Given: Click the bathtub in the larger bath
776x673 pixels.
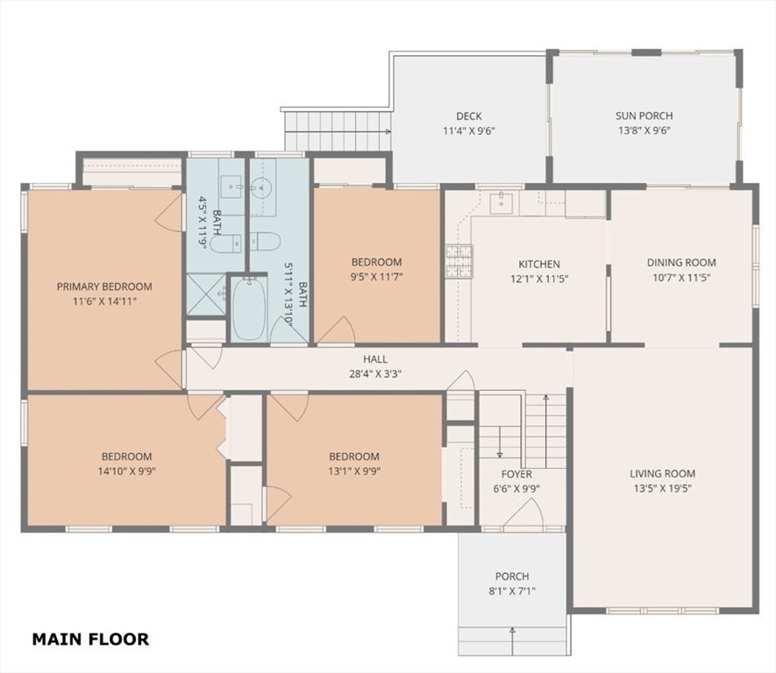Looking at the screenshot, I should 248,309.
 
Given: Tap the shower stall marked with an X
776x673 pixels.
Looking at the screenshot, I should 206,294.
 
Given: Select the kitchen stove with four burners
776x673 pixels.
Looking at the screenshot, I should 458,261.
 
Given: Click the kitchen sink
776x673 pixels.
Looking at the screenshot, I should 502,202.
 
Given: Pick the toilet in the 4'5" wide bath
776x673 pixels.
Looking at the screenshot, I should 224,243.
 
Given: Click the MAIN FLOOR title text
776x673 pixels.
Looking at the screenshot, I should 90,639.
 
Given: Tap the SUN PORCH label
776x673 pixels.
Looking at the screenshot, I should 644,116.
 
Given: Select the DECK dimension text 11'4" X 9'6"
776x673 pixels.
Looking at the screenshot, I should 468,132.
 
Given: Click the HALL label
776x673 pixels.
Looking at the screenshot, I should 375,359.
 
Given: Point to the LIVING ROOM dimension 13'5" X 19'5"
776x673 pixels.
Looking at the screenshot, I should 662,489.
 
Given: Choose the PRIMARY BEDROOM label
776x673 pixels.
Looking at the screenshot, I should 104,287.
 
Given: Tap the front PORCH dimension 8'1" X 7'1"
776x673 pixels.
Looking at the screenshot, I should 511,592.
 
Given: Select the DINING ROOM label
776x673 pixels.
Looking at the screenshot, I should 681,262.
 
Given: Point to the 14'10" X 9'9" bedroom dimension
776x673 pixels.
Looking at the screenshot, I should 126,471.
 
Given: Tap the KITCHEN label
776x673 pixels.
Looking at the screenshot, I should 538,264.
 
